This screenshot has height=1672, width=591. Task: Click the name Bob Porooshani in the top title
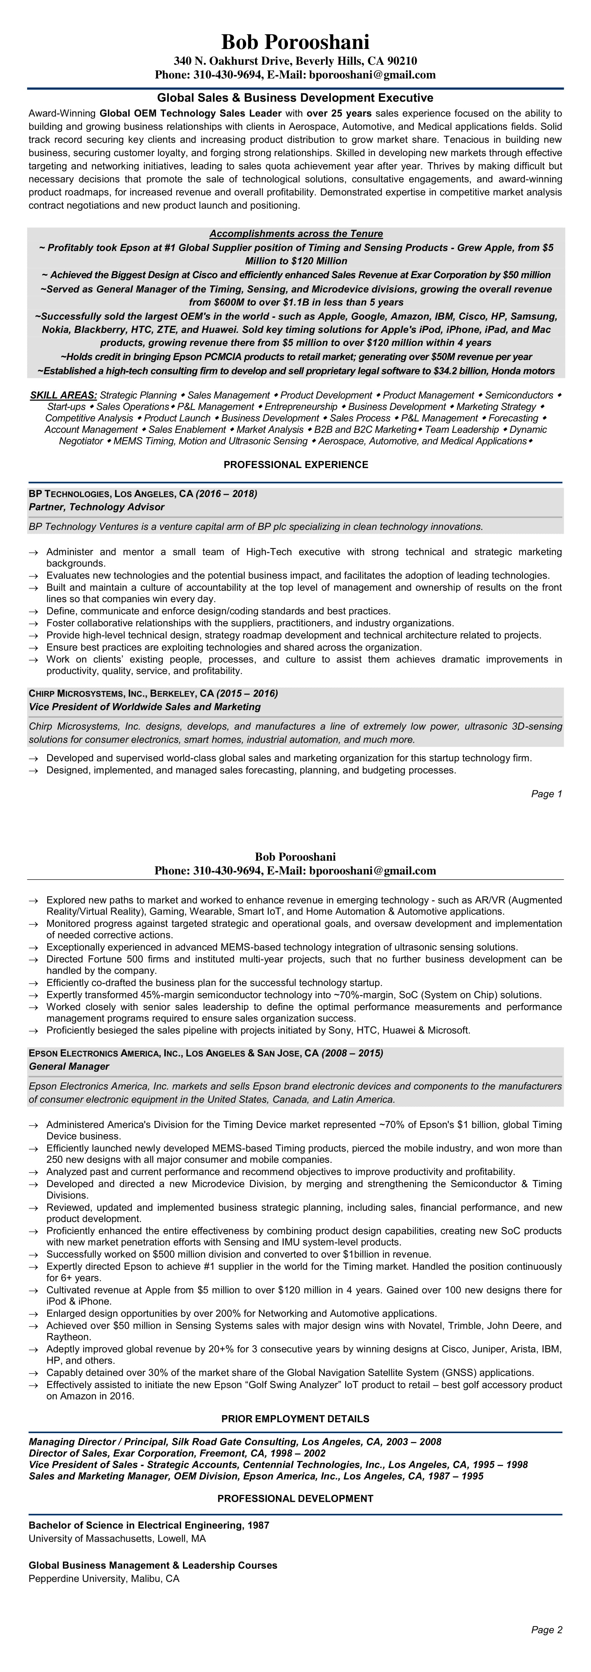295,42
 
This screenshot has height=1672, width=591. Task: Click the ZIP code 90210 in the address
402,61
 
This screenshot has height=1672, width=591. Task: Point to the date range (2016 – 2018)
227,494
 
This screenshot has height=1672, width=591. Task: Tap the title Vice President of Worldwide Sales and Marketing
145,706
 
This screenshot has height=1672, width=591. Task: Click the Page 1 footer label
546,794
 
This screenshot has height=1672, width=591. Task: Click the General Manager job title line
69,1066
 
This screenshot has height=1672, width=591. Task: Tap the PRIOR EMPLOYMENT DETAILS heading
295,1419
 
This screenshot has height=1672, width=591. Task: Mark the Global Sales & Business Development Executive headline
295,98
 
